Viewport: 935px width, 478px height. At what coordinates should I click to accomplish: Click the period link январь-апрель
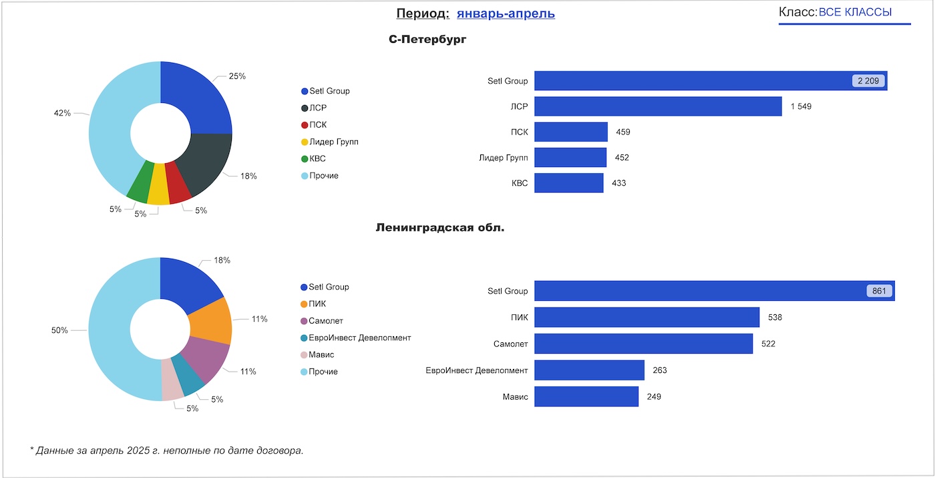tap(506, 13)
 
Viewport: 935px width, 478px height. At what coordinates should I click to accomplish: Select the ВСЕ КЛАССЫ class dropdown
tap(855, 13)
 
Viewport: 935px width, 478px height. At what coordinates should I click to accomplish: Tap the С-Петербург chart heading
tap(427, 39)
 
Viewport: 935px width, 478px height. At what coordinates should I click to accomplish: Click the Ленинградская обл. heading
tap(440, 228)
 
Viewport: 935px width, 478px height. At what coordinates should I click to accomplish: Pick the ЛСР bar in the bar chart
tap(658, 106)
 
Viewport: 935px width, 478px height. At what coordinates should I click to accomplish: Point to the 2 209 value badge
tap(868, 81)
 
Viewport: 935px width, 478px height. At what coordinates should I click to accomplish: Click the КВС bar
tap(569, 183)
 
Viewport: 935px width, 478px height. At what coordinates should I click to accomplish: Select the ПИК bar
tap(646, 317)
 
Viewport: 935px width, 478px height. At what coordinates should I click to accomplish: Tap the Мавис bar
tap(586, 396)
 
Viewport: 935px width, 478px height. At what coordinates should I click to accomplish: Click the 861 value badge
tap(880, 291)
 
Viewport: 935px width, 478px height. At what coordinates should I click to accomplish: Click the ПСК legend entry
tap(318, 125)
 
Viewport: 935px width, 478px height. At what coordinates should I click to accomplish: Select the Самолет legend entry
tap(325, 321)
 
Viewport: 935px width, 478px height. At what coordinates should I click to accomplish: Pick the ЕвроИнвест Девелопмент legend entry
tap(359, 338)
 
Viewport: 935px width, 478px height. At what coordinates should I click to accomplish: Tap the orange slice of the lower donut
tap(211, 321)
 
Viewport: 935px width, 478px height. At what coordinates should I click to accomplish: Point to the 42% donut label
tap(62, 113)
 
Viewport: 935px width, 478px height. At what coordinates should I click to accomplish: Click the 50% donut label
tap(59, 330)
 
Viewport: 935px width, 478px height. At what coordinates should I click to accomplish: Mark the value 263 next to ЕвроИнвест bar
tap(660, 370)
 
